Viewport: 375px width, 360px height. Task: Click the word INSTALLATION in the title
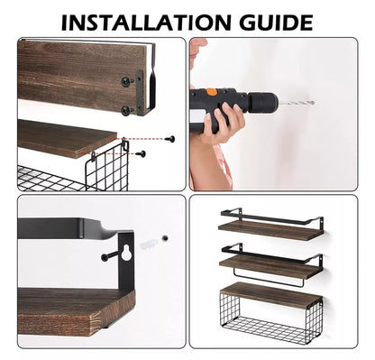click(146, 23)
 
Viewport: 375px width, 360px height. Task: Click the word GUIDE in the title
click(277, 23)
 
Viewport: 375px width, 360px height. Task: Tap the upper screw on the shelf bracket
click(127, 81)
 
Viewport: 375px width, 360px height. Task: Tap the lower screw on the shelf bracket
click(127, 110)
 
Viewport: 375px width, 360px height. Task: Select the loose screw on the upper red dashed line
click(170, 139)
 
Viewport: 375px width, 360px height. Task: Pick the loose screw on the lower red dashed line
click(141, 154)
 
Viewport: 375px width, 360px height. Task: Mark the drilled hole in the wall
click(164, 238)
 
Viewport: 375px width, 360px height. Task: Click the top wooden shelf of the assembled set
click(270, 230)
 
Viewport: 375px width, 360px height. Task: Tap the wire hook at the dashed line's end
click(124, 143)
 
